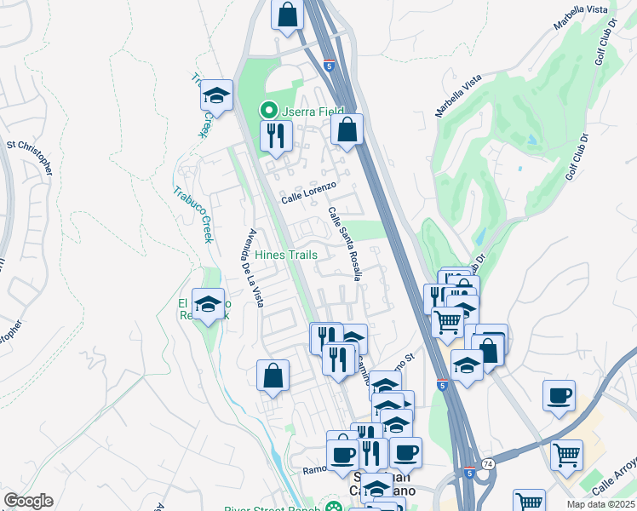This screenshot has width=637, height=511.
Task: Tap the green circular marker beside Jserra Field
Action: tap(268, 111)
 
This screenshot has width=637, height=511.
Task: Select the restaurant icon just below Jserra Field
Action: tap(276, 136)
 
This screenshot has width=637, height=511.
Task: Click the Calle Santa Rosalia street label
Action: tap(345, 244)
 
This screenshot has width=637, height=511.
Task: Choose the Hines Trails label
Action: tap(285, 255)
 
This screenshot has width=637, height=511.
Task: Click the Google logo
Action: tap(28, 501)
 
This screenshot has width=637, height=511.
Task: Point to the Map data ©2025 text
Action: tap(600, 504)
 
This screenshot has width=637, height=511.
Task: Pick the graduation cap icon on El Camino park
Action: tap(208, 304)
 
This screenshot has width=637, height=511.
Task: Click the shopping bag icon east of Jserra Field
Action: tap(347, 130)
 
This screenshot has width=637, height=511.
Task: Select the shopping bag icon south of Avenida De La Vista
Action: tap(273, 376)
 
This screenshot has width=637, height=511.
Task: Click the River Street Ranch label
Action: tap(273, 509)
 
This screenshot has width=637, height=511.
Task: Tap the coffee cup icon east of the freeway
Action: tap(559, 395)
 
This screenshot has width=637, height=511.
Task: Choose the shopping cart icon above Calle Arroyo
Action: tap(566, 456)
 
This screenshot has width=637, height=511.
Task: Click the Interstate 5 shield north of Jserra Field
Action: tap(329, 64)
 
